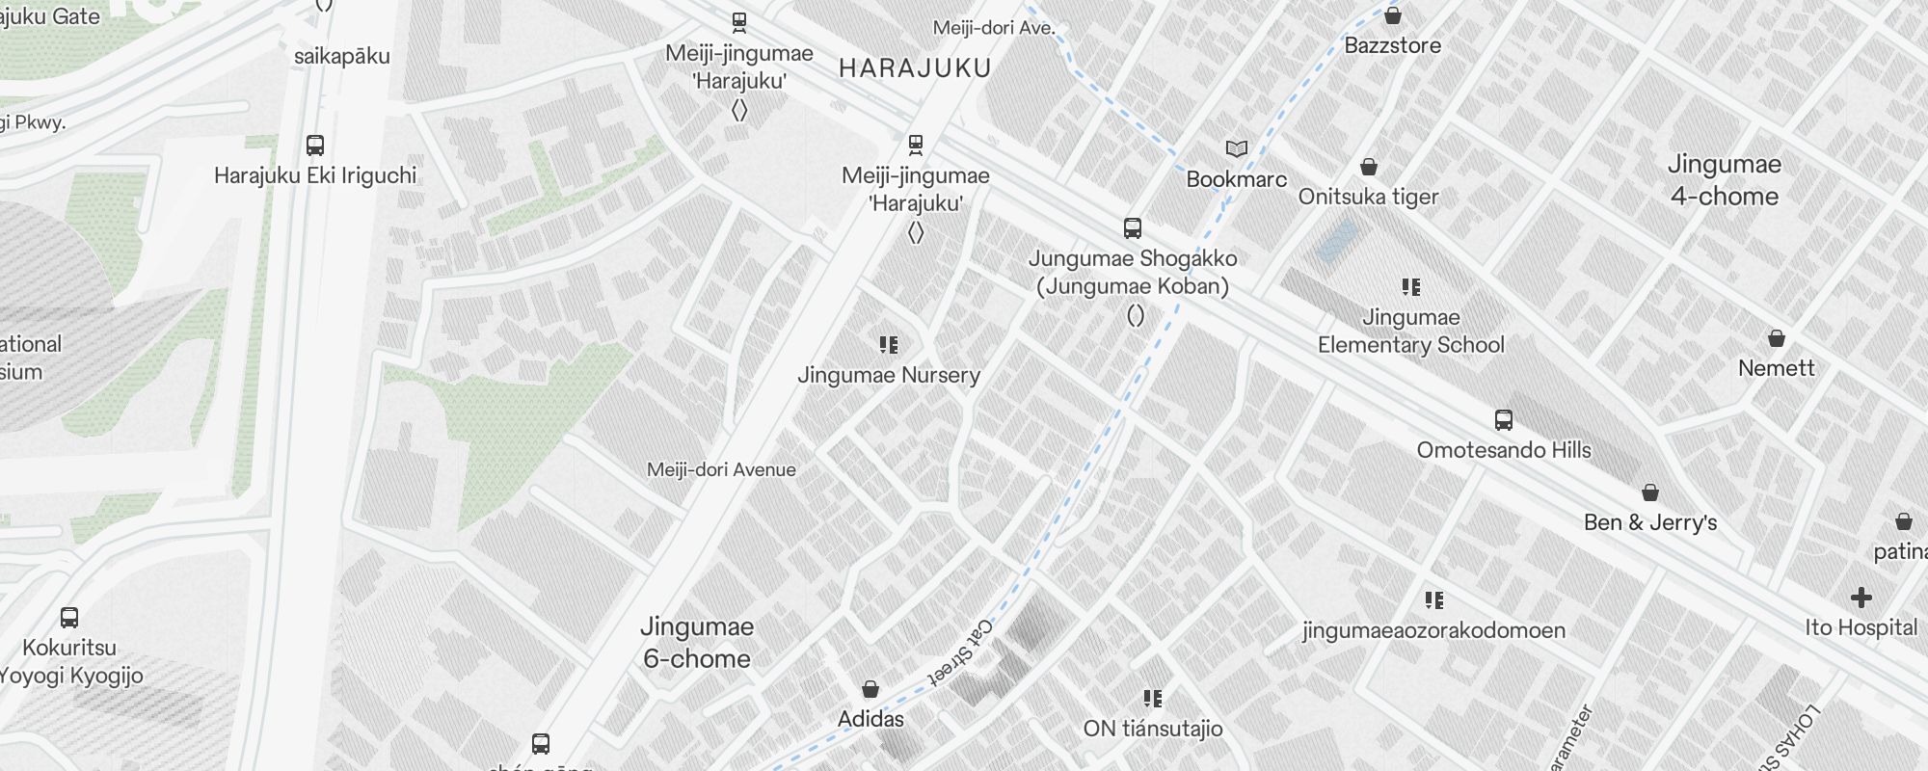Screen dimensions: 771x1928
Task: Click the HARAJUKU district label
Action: tap(915, 68)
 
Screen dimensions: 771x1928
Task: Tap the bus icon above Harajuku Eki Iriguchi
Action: tap(315, 146)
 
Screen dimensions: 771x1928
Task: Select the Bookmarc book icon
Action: tap(1237, 149)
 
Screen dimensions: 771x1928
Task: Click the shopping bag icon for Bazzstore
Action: tap(1393, 15)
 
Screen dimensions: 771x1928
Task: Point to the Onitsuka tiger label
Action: tap(1368, 197)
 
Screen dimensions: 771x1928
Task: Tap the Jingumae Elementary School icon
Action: tap(1411, 287)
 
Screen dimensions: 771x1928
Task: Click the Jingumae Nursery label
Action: tap(889, 375)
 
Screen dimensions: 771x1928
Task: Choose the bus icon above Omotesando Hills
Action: tap(1504, 420)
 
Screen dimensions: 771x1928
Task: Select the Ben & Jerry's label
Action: tap(1650, 522)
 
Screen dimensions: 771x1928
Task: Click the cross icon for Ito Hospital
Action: tap(1861, 598)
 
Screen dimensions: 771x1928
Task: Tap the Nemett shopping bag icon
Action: tap(1777, 338)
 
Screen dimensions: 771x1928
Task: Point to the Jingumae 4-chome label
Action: tap(1725, 180)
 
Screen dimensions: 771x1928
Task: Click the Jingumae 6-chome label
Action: tap(697, 643)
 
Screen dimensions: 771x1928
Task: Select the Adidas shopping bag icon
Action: tap(870, 689)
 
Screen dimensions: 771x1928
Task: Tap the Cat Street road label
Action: tap(961, 652)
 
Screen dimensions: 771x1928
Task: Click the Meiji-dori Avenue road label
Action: tap(721, 470)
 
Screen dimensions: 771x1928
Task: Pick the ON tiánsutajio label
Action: tap(1153, 729)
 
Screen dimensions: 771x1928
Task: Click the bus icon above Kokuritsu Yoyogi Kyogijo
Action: tap(69, 618)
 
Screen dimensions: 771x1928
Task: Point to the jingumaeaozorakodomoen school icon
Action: tap(1434, 601)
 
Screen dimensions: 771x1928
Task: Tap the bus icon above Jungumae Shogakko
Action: tap(1133, 228)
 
